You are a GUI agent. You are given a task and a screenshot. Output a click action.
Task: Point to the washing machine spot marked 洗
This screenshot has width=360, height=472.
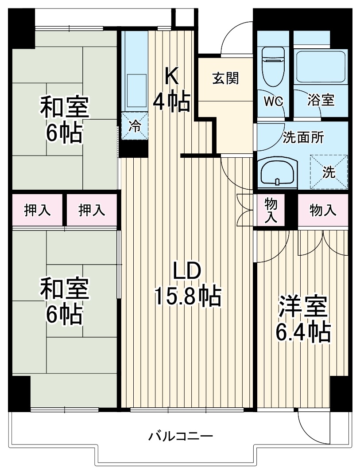pyautogui.click(x=329, y=172)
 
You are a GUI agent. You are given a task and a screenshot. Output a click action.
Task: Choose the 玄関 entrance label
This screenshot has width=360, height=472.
pyautogui.click(x=226, y=78)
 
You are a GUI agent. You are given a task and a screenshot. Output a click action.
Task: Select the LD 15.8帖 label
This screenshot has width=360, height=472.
pyautogui.click(x=187, y=284)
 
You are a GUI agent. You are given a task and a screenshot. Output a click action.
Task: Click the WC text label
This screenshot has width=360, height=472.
pyautogui.click(x=273, y=101)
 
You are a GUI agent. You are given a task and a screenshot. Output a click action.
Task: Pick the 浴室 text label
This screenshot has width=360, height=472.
pyautogui.click(x=321, y=101)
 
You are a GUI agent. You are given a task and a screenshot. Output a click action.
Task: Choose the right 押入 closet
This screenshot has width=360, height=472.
pyautogui.click(x=92, y=210)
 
